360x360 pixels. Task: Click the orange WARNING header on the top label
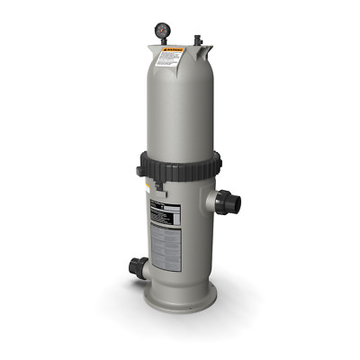coord(170,52)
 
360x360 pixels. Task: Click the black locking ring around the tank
coord(180,166)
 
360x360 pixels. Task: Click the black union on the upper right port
coord(233,203)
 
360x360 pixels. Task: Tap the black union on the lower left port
coord(137,267)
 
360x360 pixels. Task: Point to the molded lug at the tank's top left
coord(149,45)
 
